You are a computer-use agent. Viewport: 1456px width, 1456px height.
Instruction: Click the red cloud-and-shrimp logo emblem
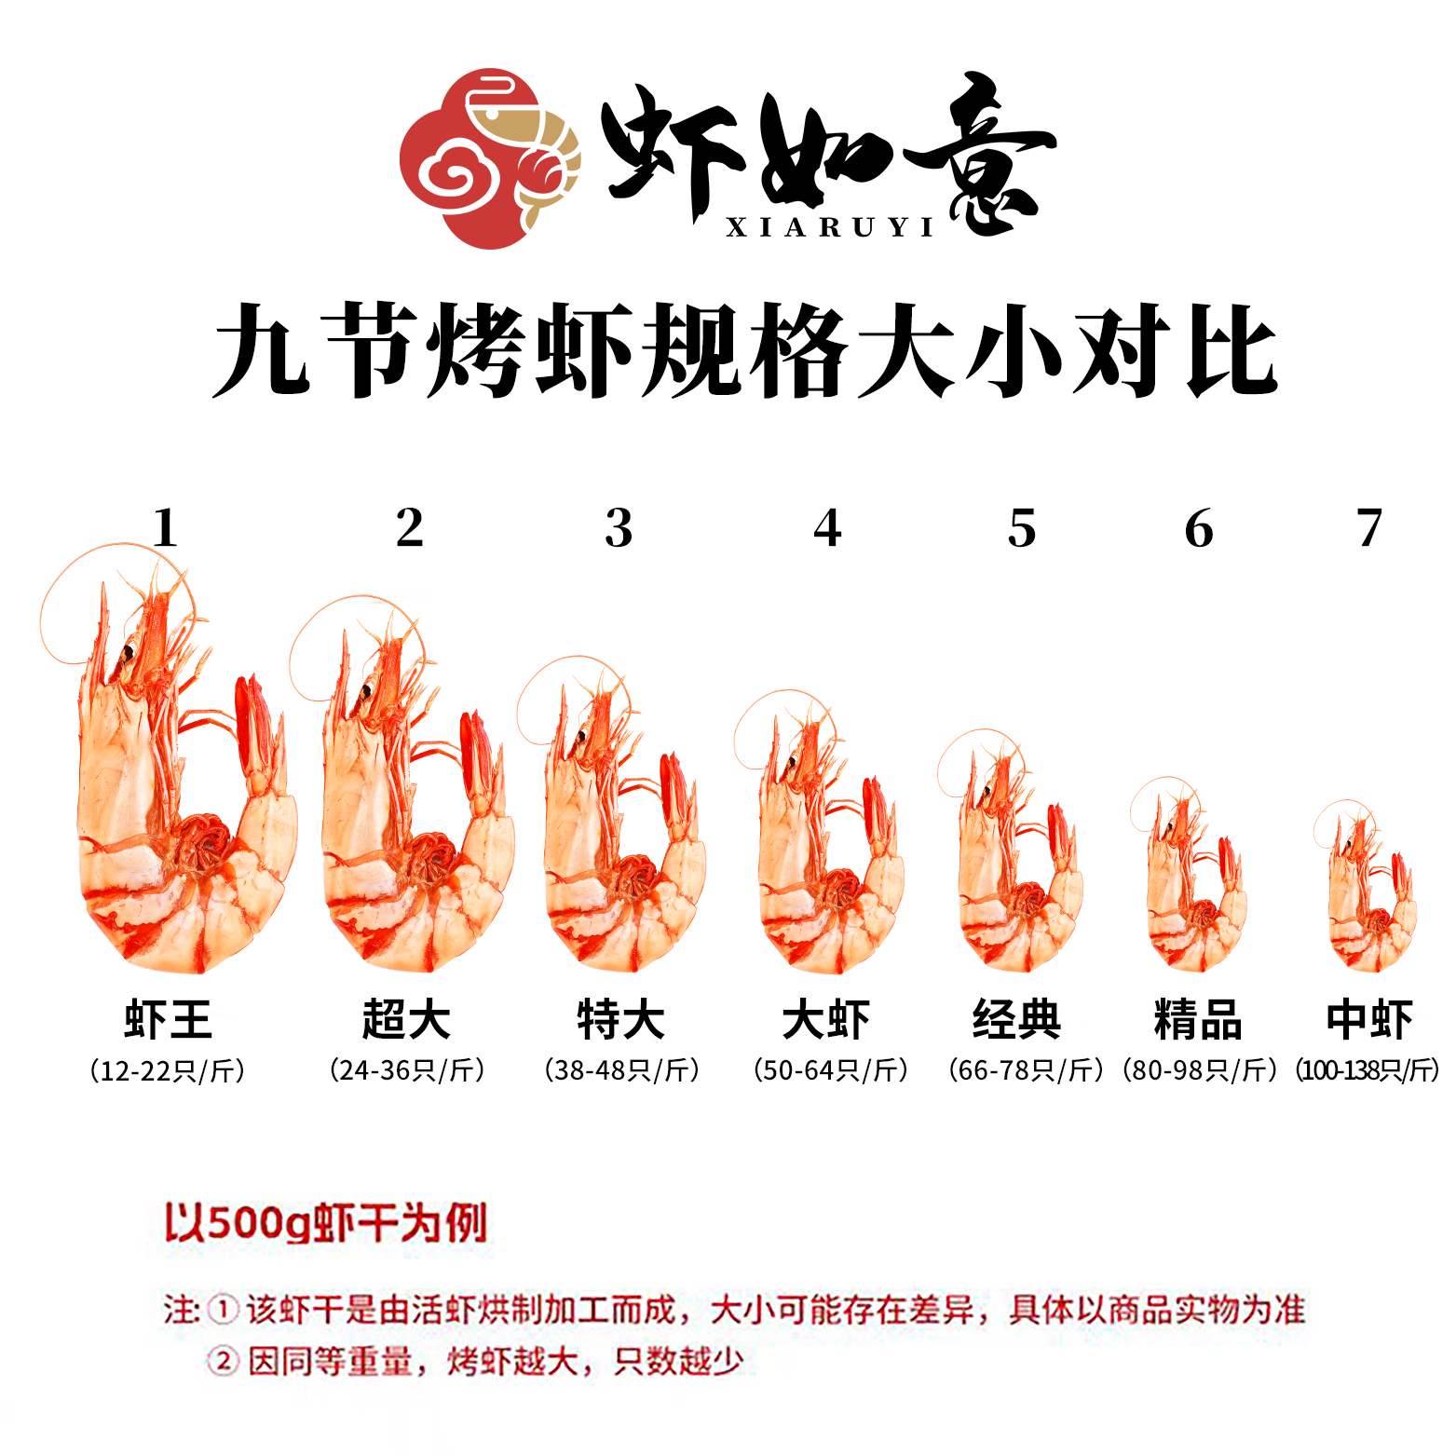pyautogui.click(x=490, y=158)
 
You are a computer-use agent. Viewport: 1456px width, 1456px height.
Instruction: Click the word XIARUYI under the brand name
pyautogui.click(x=830, y=228)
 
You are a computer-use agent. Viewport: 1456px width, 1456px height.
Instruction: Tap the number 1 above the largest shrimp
pyautogui.click(x=165, y=528)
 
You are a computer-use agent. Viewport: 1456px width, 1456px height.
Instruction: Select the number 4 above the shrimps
pyautogui.click(x=827, y=528)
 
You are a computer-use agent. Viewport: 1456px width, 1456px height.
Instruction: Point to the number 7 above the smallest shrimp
pyautogui.click(x=1368, y=528)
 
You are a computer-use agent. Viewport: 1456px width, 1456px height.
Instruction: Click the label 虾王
pyautogui.click(x=169, y=1019)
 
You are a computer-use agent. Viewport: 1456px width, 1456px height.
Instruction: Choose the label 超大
pyautogui.click(x=407, y=1019)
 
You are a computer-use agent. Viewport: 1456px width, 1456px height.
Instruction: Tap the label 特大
pyautogui.click(x=621, y=1019)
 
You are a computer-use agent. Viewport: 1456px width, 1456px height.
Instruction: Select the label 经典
pyautogui.click(x=1017, y=1019)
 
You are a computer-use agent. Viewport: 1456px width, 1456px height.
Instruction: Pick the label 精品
pyautogui.click(x=1198, y=1019)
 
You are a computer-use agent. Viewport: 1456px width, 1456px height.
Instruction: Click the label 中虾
pyautogui.click(x=1369, y=1019)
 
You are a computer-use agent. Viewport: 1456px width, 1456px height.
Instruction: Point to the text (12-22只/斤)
pyautogui.click(x=168, y=1071)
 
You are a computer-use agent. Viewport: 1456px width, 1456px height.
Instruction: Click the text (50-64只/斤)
pyautogui.click(x=831, y=1071)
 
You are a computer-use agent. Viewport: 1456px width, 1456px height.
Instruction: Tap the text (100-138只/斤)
pyautogui.click(x=1368, y=1071)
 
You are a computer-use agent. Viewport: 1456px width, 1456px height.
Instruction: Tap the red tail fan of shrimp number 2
pyautogui.click(x=480, y=755)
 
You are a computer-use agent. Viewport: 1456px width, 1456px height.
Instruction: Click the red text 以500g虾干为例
pyautogui.click(x=326, y=1223)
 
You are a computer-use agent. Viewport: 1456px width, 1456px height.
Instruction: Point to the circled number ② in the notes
pyautogui.click(x=223, y=1362)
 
